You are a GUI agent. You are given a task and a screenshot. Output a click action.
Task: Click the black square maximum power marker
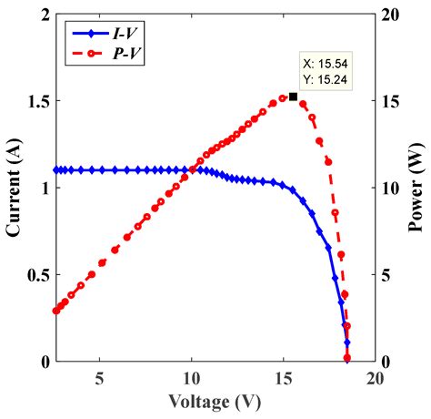293,96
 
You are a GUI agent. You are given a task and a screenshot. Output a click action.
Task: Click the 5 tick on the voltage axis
100,377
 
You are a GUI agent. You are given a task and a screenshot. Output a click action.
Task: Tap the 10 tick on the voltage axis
191,377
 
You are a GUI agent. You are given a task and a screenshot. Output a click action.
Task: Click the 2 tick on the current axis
45,15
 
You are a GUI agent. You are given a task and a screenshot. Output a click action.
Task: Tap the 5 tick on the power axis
386,275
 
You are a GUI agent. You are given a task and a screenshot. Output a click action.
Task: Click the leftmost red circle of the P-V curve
56,311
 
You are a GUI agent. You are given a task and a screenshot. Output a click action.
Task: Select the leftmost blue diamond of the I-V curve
56,170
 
